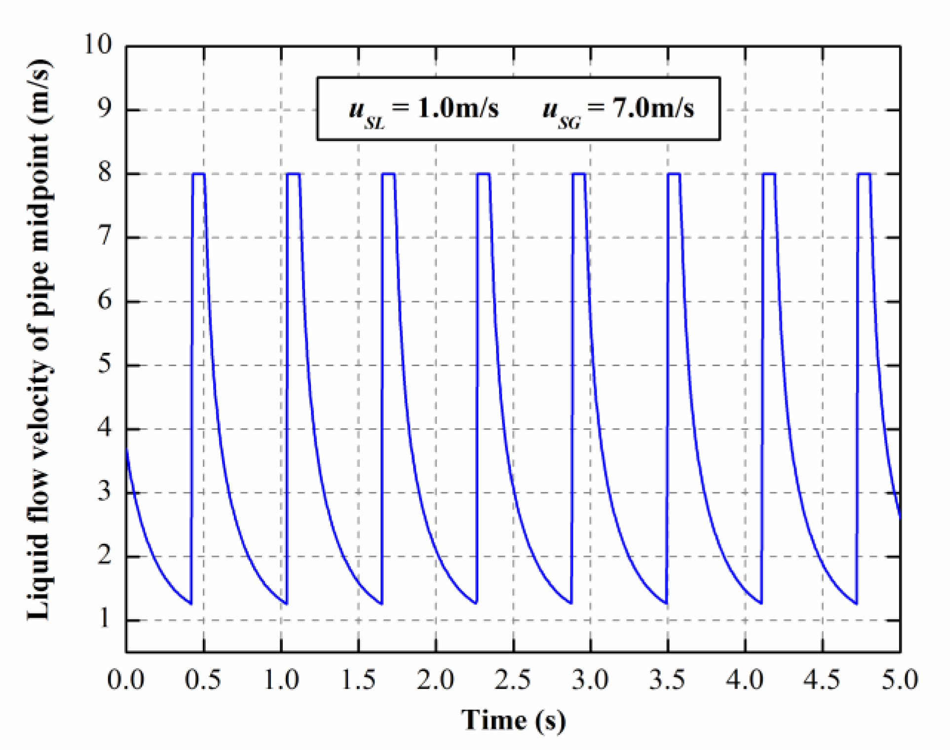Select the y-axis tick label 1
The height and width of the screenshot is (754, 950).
click(x=105, y=619)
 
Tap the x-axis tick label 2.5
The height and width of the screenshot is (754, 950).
click(x=513, y=680)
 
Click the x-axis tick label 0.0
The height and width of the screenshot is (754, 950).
click(x=126, y=680)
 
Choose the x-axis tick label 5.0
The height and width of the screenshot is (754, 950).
click(x=900, y=680)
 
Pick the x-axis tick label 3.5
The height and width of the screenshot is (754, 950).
click(x=667, y=680)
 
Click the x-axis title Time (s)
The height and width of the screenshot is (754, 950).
click(x=513, y=720)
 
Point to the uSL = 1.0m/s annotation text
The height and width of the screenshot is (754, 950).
click(x=423, y=110)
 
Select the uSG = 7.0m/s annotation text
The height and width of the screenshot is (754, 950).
click(x=618, y=110)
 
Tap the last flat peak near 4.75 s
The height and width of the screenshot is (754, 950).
click(x=864, y=174)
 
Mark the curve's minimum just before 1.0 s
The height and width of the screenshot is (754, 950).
click(x=286, y=603)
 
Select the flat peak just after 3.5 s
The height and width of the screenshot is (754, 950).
click(x=674, y=174)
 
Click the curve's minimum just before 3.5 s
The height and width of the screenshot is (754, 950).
click(x=666, y=603)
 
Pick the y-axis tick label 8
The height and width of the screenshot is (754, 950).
click(x=105, y=173)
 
